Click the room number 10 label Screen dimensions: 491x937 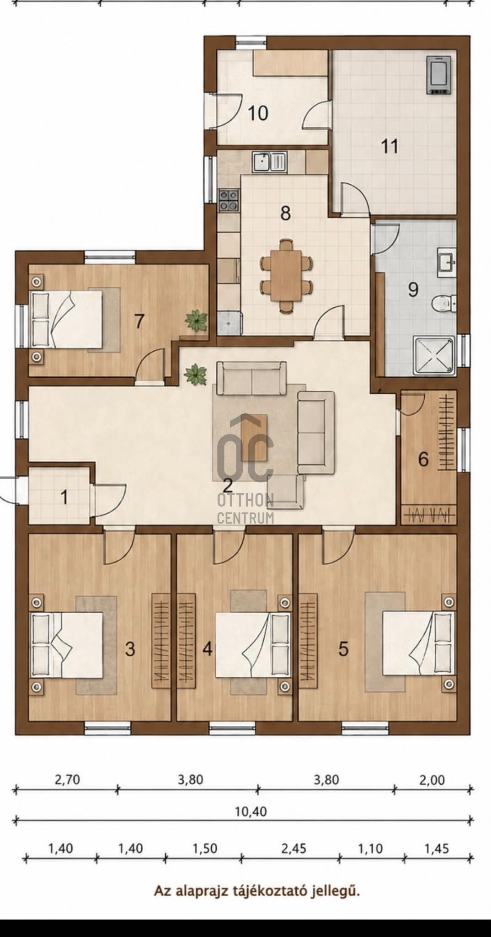click(258, 113)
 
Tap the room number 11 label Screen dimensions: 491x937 click(390, 147)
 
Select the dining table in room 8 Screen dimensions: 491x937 click(287, 276)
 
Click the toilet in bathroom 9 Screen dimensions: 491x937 click(444, 302)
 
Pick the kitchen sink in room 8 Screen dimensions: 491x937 click(269, 161)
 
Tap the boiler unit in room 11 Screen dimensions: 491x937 click(440, 75)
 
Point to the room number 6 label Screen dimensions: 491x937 click(423, 459)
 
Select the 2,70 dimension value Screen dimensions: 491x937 click(67, 779)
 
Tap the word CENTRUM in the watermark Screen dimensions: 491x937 click(245, 518)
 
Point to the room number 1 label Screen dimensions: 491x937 click(64, 497)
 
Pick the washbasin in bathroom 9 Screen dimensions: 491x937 click(446, 262)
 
